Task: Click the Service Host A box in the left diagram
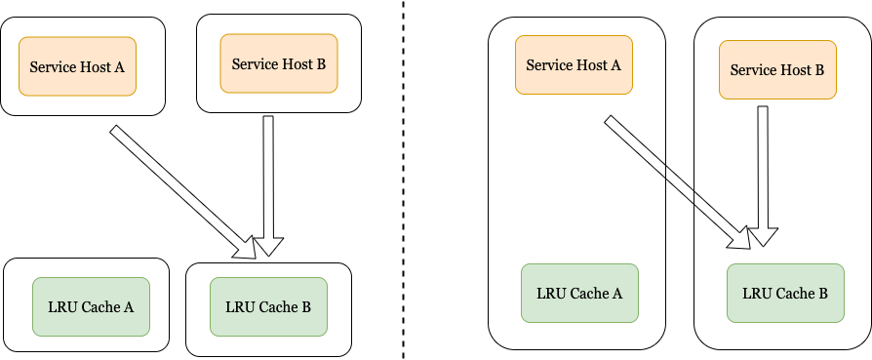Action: pos(78,67)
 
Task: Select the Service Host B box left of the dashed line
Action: pos(279,63)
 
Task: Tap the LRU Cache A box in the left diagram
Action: pos(91,306)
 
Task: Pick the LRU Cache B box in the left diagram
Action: pos(268,306)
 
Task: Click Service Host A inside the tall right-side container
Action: pos(574,65)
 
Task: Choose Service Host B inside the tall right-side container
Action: pos(777,70)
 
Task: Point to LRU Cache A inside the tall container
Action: pos(579,293)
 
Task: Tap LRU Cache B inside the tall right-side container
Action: pos(785,293)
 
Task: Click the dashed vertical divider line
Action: pos(404,195)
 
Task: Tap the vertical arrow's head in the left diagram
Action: pos(269,246)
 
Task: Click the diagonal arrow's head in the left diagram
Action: pos(246,248)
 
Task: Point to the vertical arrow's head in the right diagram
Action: pos(764,235)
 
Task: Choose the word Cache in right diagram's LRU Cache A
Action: pos(589,293)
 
